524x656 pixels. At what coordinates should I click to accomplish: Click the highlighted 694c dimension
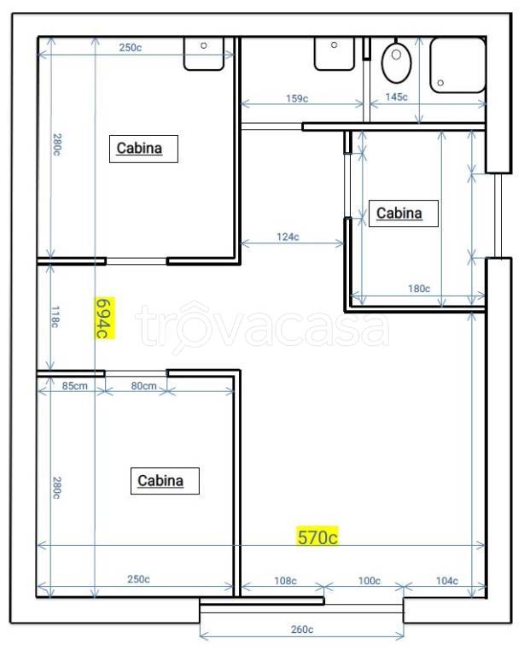pyautogui.click(x=105, y=318)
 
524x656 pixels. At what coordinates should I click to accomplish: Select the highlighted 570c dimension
pyautogui.click(x=317, y=536)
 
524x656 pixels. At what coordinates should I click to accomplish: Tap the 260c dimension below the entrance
pyautogui.click(x=302, y=630)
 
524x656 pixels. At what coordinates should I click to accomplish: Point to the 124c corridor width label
pyautogui.click(x=288, y=237)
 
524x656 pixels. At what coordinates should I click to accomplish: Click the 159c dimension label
pyautogui.click(x=297, y=99)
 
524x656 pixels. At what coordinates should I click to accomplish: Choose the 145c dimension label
pyautogui.click(x=396, y=97)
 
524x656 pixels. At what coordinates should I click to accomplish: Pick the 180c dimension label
pyautogui.click(x=419, y=288)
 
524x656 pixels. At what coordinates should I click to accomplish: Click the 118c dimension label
pyautogui.click(x=55, y=317)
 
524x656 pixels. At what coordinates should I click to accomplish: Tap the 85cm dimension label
pyautogui.click(x=75, y=386)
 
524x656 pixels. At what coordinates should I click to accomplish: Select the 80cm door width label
pyautogui.click(x=143, y=386)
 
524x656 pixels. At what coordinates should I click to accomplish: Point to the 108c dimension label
pyautogui.click(x=285, y=581)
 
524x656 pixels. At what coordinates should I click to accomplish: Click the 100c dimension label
pyautogui.click(x=370, y=581)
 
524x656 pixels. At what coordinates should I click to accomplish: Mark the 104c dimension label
pyautogui.click(x=446, y=581)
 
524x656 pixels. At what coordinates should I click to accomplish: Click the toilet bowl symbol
pyautogui.click(x=396, y=61)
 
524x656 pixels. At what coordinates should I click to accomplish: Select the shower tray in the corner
pyautogui.click(x=457, y=65)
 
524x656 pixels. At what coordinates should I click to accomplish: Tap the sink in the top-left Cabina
pyautogui.click(x=204, y=54)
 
